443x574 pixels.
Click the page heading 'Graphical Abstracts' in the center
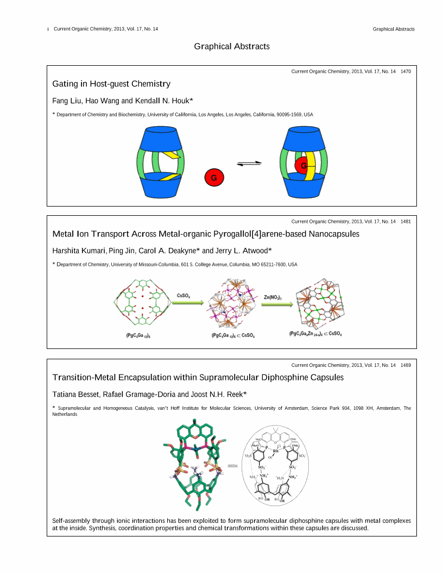232,47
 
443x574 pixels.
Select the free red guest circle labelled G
214,177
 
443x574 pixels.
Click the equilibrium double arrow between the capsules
249,163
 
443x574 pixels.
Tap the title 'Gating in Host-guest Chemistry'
111,84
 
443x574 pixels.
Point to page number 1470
406,71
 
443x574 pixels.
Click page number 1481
406,221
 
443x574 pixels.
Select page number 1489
406,365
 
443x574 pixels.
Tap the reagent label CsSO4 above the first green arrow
183,295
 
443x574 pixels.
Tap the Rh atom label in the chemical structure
275,451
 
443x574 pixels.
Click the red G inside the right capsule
303,165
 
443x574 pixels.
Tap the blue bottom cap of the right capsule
303,186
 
